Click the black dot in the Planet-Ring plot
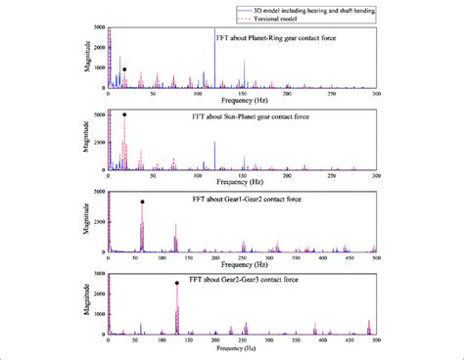pyautogui.click(x=124, y=69)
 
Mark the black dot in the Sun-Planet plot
pyautogui.click(x=124, y=114)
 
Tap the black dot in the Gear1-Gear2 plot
pyautogui.click(x=143, y=202)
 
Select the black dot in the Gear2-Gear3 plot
pyautogui.click(x=177, y=284)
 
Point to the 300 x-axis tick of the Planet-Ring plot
pyautogui.click(x=377, y=93)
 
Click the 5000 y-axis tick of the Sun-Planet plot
pyautogui.click(x=96, y=114)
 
